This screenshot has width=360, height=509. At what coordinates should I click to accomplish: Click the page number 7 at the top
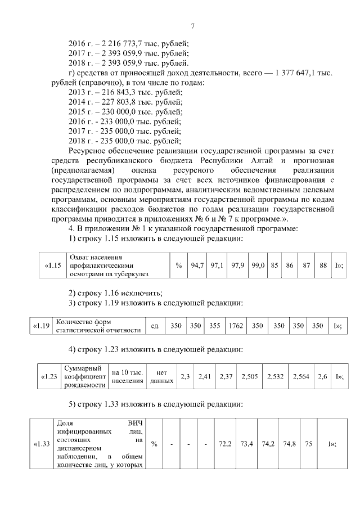192,26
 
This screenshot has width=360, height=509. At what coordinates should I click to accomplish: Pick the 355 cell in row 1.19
214,326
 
